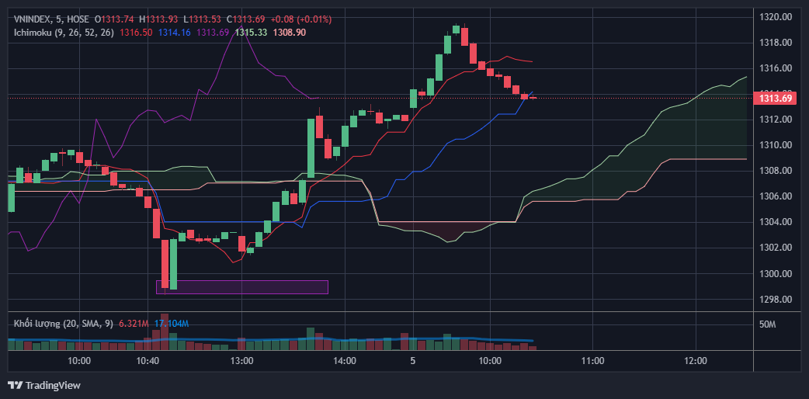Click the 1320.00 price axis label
pos(775,16)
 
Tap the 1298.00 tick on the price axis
pos(775,300)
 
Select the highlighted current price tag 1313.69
pos(776,98)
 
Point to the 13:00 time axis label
pos(242,361)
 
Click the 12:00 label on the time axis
pos(696,361)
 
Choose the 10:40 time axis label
pos(148,361)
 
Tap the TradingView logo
pos(44,385)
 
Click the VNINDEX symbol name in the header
pos(34,19)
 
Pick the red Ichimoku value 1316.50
pos(136,32)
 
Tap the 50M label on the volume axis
pos(767,324)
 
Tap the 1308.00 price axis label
pos(775,171)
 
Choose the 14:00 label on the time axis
pos(344,361)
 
